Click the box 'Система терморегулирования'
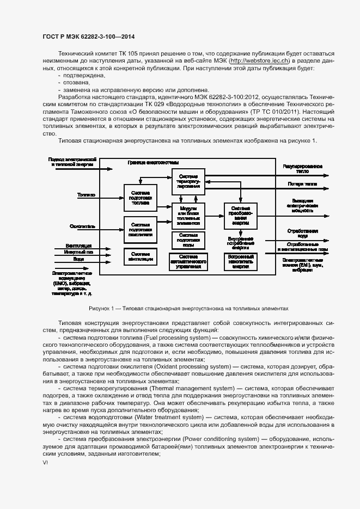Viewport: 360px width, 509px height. point(188,181)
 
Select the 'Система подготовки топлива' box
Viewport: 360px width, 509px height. point(141,198)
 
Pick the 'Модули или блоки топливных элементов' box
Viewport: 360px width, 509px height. point(188,216)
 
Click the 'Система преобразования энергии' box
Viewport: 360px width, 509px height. point(240,216)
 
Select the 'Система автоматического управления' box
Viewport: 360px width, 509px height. point(188,261)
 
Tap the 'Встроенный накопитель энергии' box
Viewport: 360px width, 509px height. point(240,261)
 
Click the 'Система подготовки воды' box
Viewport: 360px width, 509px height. point(188,240)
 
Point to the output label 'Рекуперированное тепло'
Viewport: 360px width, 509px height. point(303,168)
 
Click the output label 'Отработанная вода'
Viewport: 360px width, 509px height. point(303,233)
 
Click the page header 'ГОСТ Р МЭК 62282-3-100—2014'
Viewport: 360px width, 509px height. point(88,36)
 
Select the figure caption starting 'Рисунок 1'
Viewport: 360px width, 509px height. point(188,308)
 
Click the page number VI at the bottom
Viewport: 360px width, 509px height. point(45,463)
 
